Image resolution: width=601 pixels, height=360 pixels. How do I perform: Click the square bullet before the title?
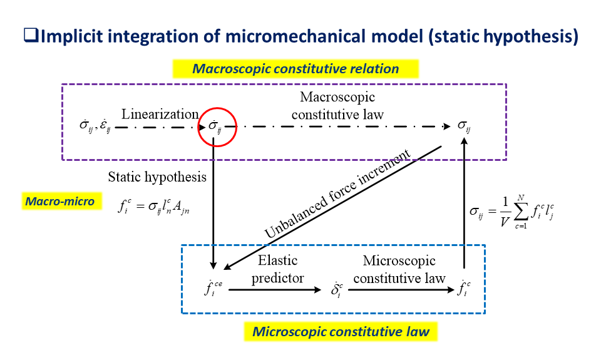click(31, 35)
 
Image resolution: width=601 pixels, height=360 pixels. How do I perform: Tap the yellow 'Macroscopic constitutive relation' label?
click(295, 69)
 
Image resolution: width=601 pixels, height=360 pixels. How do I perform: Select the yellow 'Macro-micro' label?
click(62, 201)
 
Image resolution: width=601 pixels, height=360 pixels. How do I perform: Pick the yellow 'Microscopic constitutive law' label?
click(341, 331)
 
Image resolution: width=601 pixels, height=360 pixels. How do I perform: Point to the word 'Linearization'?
click(160, 114)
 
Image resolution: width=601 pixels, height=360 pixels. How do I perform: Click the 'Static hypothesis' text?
click(157, 177)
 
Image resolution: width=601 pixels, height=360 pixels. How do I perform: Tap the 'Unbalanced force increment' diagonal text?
click(337, 193)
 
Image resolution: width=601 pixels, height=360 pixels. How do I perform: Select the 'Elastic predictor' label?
click(277, 269)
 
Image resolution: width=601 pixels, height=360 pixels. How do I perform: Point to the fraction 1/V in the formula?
click(505, 212)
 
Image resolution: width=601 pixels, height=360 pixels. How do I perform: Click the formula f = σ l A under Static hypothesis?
click(153, 207)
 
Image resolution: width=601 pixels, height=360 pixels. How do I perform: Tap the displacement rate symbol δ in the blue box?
click(337, 290)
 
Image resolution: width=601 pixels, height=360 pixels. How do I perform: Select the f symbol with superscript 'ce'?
click(213, 288)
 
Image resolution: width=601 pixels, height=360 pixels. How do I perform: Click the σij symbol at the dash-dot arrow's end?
click(464, 126)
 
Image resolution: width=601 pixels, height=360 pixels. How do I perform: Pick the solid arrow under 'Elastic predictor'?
click(275, 290)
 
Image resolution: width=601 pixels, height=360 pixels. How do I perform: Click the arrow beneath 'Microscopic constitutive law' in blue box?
click(401, 290)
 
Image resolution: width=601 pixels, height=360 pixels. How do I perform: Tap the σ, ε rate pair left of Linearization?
click(95, 125)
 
